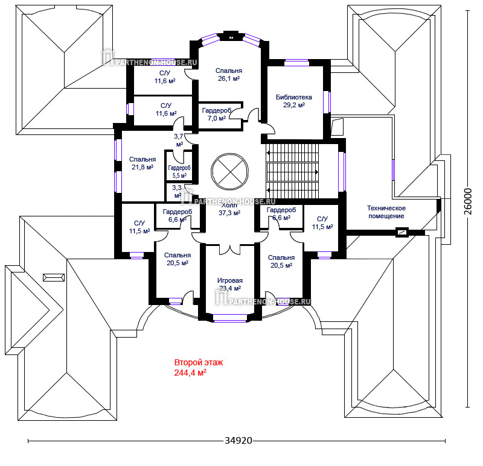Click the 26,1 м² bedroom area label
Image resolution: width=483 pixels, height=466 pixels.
coord(229,78)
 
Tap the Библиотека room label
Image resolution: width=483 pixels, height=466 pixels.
coord(293,96)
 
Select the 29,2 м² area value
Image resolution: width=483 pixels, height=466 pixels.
coord(293,105)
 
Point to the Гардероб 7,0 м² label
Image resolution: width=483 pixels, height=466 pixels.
coord(216,115)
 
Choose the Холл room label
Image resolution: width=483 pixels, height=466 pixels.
coord(229,205)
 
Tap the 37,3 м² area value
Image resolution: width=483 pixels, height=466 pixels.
coord(229,213)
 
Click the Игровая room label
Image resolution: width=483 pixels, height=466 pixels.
coord(229,280)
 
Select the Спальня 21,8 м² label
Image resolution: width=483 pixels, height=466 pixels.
coord(142,163)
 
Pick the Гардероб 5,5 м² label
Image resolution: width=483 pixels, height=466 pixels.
coord(179,172)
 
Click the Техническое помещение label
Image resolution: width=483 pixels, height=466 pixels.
coord(386,212)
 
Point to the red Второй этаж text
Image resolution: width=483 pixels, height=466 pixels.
coord(199,363)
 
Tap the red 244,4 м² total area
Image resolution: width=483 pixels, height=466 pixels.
coord(190,373)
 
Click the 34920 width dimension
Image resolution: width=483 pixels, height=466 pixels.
coord(238,441)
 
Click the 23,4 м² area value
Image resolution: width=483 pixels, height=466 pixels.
coord(229,288)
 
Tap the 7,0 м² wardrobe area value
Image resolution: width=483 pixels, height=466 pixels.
coord(216,119)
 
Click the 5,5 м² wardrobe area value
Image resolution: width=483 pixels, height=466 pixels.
coord(179,176)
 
